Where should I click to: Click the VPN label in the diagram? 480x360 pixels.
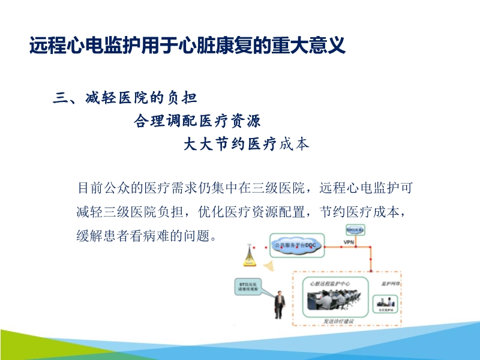coord(349,242)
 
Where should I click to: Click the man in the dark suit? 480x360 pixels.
coord(278,302)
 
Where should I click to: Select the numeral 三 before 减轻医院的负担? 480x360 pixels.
coord(60,98)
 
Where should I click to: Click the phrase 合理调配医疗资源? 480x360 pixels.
coord(197,121)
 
